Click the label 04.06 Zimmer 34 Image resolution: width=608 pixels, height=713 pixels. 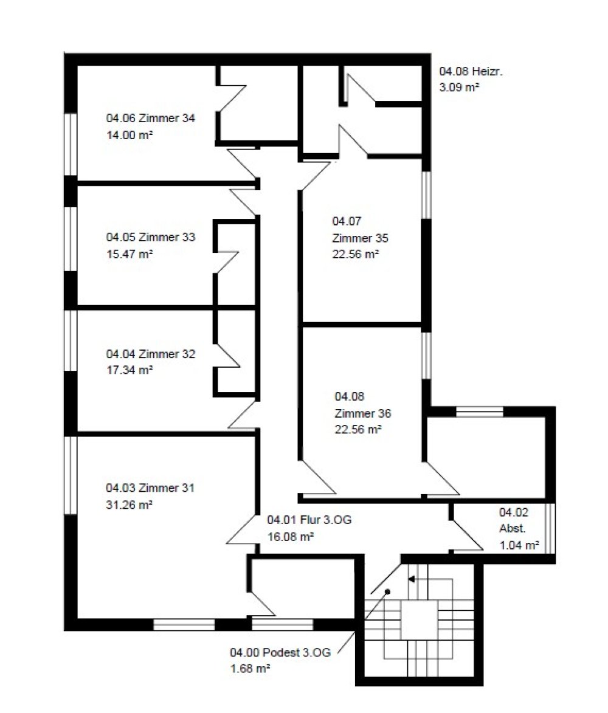(151, 119)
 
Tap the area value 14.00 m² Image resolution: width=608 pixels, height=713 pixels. (130, 134)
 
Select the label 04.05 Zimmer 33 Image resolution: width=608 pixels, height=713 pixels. (151, 237)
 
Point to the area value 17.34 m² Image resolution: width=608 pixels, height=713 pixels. (130, 370)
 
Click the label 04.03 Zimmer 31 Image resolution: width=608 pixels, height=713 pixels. (150, 488)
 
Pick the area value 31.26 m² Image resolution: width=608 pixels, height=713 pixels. (129, 505)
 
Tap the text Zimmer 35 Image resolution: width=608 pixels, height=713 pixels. (360, 238)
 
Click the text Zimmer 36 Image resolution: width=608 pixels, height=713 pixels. (363, 413)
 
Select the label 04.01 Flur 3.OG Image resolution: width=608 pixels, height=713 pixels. (309, 520)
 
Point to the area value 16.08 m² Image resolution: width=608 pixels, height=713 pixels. (291, 537)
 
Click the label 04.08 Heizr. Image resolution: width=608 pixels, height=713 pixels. (471, 71)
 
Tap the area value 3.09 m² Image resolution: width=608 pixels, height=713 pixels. (459, 87)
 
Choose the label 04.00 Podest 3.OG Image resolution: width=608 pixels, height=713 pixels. (280, 653)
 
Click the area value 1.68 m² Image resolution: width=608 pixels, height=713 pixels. (250, 669)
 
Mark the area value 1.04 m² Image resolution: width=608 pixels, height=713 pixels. (519, 545)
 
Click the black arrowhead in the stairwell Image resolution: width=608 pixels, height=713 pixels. (412, 579)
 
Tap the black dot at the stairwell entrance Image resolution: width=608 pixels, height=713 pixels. (388, 591)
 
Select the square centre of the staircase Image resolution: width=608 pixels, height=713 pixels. (419, 620)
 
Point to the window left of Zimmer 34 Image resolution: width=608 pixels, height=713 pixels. (70, 144)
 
